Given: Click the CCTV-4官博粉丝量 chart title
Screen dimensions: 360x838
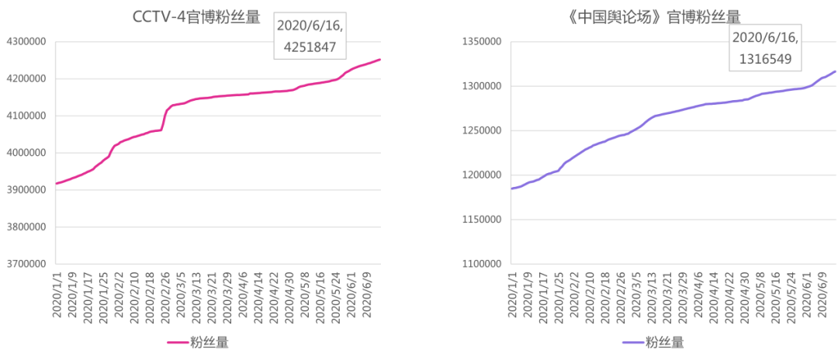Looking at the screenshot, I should coord(197,17).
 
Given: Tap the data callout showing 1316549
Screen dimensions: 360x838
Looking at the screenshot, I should coord(764,48).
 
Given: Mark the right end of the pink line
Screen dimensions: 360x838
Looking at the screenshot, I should coord(379,60).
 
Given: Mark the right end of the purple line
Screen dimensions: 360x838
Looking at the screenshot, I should coord(835,71).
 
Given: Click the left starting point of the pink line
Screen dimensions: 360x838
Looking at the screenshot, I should coord(56,184).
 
